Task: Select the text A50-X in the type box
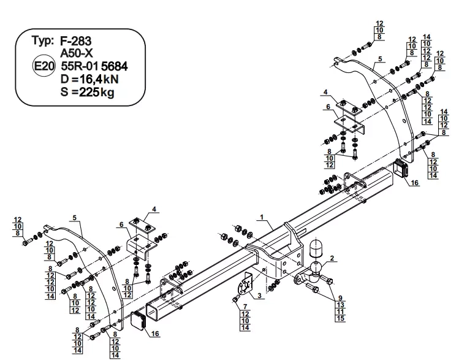(x=76, y=53)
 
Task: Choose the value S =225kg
(x=88, y=93)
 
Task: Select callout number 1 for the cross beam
(x=262, y=217)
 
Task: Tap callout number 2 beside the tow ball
(x=332, y=259)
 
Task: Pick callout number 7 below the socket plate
(x=245, y=306)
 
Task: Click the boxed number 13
(x=339, y=305)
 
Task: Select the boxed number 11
(x=339, y=312)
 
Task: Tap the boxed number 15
(x=339, y=318)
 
